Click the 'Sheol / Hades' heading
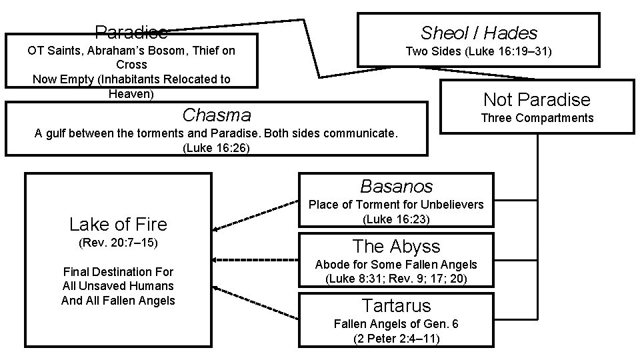(x=479, y=33)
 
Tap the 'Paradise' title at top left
(x=131, y=31)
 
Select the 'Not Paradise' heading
(x=537, y=100)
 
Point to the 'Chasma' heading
(x=216, y=115)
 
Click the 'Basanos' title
(x=396, y=186)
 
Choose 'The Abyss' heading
(x=396, y=246)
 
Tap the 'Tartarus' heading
(x=396, y=305)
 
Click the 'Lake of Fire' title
(x=118, y=224)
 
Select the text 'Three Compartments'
(x=537, y=118)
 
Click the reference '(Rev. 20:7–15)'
(x=118, y=243)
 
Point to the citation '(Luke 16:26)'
(x=216, y=148)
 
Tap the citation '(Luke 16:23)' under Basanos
(x=396, y=219)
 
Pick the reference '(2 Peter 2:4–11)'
(x=396, y=338)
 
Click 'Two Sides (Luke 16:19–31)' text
(x=479, y=51)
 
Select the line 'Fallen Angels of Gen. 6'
(x=396, y=325)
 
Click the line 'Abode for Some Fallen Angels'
(x=396, y=265)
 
